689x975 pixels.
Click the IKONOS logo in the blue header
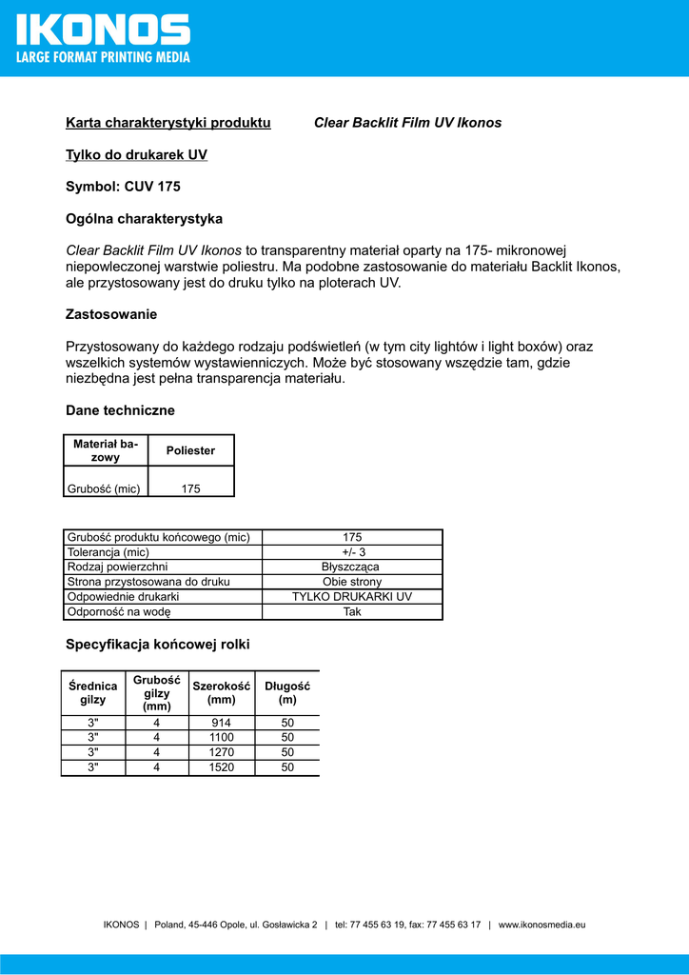(103, 29)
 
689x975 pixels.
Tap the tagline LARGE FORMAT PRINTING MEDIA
(103, 57)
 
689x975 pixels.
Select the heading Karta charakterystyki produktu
(168, 123)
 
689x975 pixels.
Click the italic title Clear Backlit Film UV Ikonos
(407, 123)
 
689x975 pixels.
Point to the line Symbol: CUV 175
(123, 187)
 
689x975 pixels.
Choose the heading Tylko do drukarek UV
(136, 155)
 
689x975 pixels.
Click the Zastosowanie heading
(111, 314)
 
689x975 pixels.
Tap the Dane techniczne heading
(120, 410)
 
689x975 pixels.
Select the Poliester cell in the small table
(191, 450)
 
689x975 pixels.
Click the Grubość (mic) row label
(104, 489)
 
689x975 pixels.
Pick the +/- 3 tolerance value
(353, 552)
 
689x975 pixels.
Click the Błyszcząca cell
(351, 567)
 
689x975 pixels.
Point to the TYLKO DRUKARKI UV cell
(352, 597)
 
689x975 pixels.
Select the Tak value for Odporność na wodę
(352, 612)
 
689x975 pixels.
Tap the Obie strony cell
(352, 582)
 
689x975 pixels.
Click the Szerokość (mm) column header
(222, 692)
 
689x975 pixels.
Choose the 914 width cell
(222, 723)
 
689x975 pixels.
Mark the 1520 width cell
(222, 767)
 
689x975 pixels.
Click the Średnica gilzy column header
(93, 692)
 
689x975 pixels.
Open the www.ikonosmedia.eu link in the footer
(541, 925)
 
